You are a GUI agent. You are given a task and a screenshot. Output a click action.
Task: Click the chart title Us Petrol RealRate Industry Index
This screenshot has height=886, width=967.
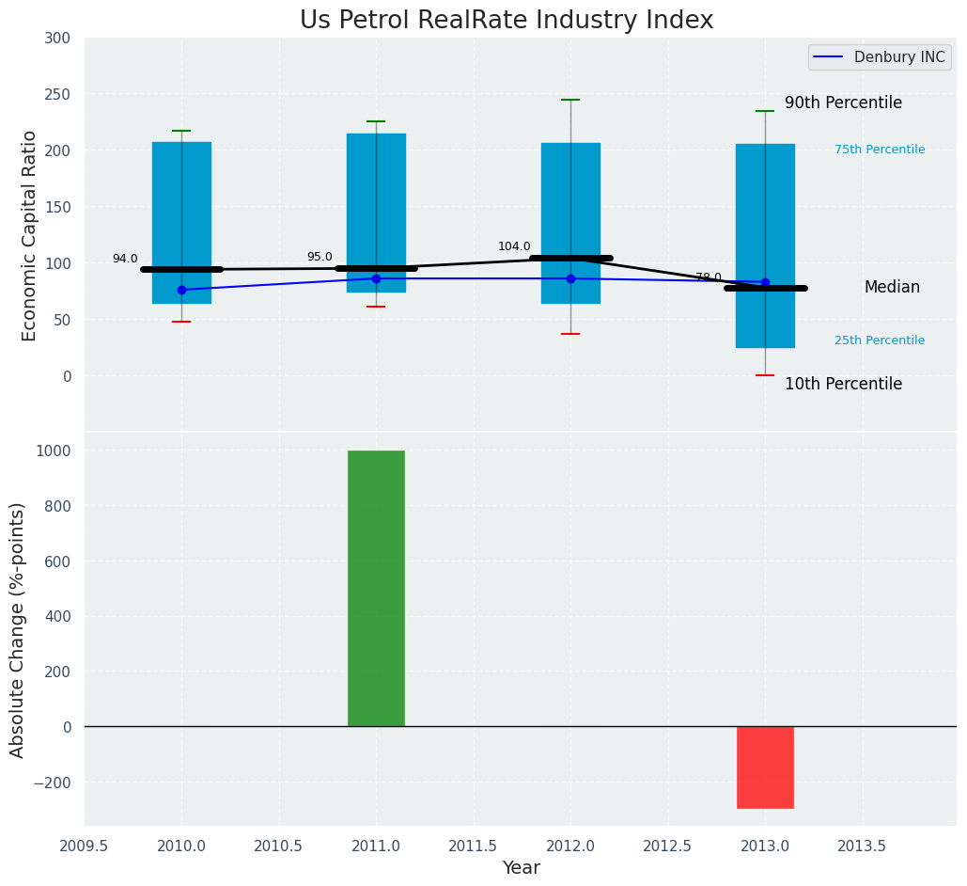(507, 21)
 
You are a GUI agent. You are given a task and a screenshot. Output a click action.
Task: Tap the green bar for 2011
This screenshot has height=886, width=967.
(376, 588)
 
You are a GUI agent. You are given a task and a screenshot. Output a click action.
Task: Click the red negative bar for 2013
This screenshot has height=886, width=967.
(765, 767)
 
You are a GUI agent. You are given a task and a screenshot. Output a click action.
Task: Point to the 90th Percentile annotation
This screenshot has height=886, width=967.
(843, 103)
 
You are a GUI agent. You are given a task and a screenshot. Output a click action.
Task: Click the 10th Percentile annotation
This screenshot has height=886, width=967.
(843, 385)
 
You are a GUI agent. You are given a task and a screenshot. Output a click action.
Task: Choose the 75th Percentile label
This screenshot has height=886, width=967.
(880, 150)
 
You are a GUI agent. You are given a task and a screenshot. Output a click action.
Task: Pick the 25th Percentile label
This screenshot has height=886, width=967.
(880, 340)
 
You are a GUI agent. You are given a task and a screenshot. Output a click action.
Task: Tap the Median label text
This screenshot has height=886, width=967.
(892, 288)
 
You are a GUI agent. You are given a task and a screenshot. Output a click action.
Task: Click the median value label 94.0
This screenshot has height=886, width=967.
(125, 260)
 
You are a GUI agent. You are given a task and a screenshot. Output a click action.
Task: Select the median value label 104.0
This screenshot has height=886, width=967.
(514, 247)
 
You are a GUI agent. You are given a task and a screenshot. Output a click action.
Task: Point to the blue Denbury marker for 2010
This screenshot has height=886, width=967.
(181, 290)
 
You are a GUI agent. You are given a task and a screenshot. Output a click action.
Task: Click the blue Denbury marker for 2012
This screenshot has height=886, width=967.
(570, 278)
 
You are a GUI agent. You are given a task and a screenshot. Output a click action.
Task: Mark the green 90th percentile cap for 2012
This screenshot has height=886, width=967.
(570, 100)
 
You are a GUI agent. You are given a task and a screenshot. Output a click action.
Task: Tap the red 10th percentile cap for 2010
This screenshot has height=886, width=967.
(181, 322)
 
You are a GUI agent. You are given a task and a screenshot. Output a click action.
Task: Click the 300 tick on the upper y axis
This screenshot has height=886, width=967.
(57, 39)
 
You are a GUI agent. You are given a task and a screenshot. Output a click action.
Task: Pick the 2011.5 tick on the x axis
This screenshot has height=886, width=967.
(474, 846)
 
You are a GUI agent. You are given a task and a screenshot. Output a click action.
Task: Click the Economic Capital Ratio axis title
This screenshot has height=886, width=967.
(29, 235)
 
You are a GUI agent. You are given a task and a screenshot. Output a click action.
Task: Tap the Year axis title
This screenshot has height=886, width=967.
(521, 868)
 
